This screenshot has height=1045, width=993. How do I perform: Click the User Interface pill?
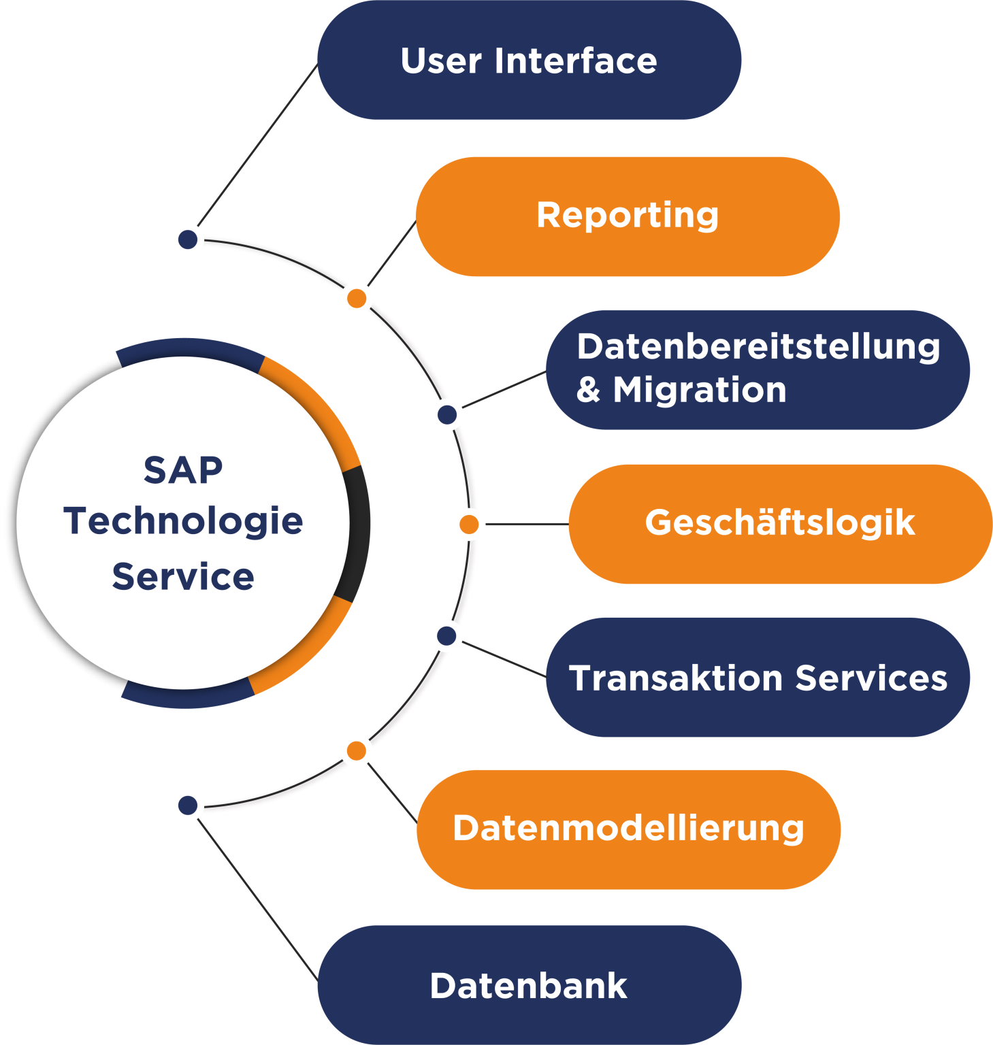click(x=529, y=61)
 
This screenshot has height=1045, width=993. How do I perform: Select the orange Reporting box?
click(x=627, y=216)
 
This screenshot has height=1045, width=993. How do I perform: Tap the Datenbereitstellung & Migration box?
click(x=757, y=369)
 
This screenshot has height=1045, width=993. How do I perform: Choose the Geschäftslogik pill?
click(x=779, y=524)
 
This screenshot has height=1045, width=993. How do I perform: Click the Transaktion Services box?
click(x=757, y=678)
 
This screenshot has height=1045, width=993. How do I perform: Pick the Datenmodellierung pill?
click(x=628, y=829)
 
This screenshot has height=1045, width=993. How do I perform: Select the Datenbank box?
click(x=529, y=984)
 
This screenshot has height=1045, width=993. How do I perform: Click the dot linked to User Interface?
click(x=188, y=239)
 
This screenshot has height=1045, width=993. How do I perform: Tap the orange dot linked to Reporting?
click(x=357, y=298)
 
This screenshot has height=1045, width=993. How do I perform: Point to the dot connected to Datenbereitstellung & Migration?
click(x=447, y=414)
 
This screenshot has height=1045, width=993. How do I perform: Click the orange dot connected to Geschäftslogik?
click(x=469, y=525)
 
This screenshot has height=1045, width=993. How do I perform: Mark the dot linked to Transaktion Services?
click(x=446, y=636)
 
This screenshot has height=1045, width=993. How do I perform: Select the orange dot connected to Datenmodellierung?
click(x=356, y=751)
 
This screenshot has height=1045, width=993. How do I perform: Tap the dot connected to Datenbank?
click(x=188, y=806)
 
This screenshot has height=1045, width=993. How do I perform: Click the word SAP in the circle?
click(x=183, y=470)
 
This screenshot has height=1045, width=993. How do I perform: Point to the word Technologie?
click(x=183, y=522)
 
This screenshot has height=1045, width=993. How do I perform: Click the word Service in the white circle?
click(x=183, y=577)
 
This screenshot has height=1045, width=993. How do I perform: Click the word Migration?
click(x=700, y=391)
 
